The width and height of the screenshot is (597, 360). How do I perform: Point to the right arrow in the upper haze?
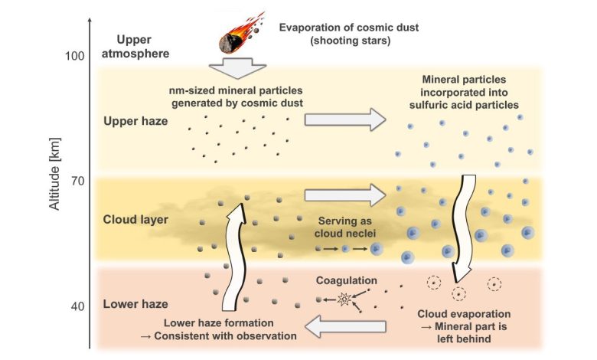point(346,118)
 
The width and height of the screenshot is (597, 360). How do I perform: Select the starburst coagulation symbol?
point(344,299)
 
